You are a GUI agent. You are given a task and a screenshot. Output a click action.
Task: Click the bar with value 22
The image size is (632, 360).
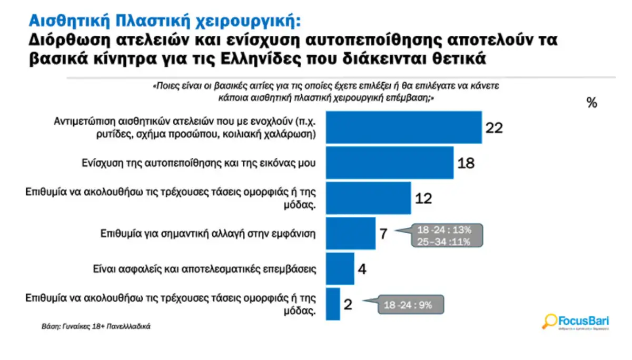(x=404, y=127)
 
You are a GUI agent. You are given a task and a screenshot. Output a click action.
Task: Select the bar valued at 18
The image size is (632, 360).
(x=390, y=163)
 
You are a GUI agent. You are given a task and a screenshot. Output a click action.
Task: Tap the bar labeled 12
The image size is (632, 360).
(x=368, y=198)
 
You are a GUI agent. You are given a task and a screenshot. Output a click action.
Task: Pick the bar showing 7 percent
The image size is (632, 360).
(x=351, y=233)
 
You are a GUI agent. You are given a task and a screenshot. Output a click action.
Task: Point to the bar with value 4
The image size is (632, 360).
(x=340, y=269)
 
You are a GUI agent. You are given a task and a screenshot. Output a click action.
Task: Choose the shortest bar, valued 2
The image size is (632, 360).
(x=333, y=304)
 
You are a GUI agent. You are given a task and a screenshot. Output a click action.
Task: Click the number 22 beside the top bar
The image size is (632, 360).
(x=495, y=128)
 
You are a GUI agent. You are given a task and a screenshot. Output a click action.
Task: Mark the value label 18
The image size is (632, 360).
(x=466, y=163)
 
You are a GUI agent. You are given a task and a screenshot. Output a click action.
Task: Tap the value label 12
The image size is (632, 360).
(x=423, y=198)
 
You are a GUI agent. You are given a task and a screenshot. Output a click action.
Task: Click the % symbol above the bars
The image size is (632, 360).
(x=592, y=103)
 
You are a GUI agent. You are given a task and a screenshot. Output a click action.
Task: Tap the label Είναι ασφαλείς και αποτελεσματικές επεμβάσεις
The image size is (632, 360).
(x=203, y=269)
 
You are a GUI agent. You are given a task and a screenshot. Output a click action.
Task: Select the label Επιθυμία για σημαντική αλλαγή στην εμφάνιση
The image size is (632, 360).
(x=208, y=233)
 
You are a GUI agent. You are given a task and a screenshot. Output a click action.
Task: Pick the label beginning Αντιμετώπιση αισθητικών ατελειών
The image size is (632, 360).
(x=185, y=127)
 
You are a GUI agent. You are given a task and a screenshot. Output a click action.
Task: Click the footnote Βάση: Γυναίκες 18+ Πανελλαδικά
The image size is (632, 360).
(x=96, y=326)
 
